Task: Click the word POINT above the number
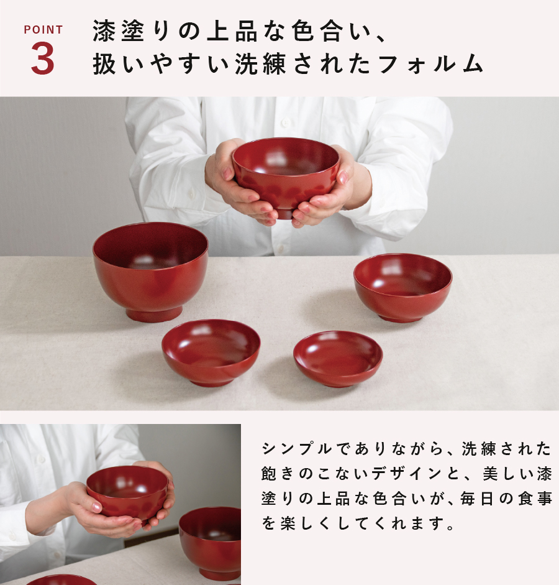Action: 43,30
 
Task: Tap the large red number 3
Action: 43,60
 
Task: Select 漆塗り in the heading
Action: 124,31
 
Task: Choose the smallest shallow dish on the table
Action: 338,357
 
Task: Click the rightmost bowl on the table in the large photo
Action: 402,287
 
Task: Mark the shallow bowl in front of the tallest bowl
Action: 211,352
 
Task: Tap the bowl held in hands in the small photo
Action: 127,492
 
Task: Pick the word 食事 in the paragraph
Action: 534,499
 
